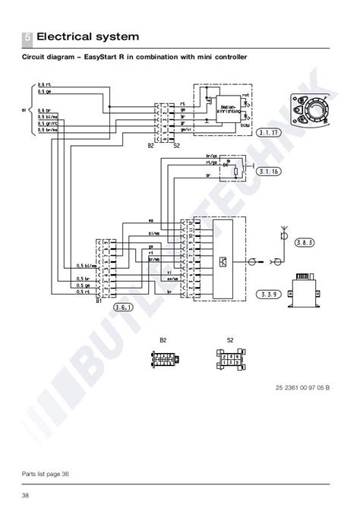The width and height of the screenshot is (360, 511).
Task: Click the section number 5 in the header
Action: coord(27,36)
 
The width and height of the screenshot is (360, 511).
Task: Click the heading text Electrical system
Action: coord(88,36)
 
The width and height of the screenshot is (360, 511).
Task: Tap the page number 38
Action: coord(27,496)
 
